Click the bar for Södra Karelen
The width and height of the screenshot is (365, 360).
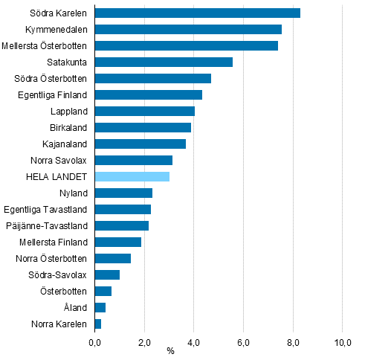pyautogui.click(x=197, y=13)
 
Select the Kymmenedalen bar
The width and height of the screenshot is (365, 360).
pyautogui.click(x=188, y=29)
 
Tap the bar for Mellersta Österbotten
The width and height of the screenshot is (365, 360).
pyautogui.click(x=186, y=45)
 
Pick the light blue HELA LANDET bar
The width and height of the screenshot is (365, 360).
pyautogui.click(x=132, y=176)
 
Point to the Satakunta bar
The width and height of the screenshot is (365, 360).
pyautogui.click(x=164, y=62)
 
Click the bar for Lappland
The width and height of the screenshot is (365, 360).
pyautogui.click(x=145, y=111)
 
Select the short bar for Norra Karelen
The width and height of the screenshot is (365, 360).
pyautogui.click(x=98, y=324)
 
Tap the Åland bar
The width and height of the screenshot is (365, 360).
pyautogui.click(x=100, y=307)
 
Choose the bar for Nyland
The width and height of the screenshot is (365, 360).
pyautogui.click(x=123, y=193)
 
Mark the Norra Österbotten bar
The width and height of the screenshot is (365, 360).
pyautogui.click(x=113, y=258)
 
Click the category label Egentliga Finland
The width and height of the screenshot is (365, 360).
pyautogui.click(x=53, y=94)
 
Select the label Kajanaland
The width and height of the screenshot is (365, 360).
pyautogui.click(x=65, y=144)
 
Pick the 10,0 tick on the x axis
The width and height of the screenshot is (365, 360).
pyautogui.click(x=342, y=341)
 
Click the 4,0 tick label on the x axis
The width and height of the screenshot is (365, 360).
pyautogui.click(x=194, y=341)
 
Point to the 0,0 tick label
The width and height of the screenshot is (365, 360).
pyautogui.click(x=95, y=341)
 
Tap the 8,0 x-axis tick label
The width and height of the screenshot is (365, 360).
pyautogui.click(x=293, y=341)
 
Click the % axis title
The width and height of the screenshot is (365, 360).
pyautogui.click(x=170, y=351)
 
